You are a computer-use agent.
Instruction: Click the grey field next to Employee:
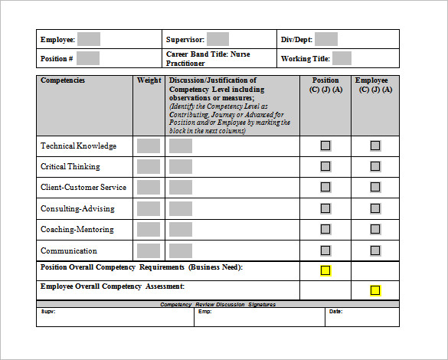click(x=89, y=39)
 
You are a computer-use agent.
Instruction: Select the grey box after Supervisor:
click(x=217, y=39)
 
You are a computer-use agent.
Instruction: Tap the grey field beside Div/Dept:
click(x=326, y=39)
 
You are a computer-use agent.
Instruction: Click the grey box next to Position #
click(x=88, y=58)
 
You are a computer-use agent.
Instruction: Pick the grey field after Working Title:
click(x=342, y=58)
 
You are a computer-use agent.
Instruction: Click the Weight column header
click(x=149, y=80)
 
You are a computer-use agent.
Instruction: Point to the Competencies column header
click(x=63, y=80)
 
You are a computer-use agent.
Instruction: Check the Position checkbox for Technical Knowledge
click(x=325, y=146)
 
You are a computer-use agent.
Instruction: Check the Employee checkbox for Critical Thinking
click(x=375, y=166)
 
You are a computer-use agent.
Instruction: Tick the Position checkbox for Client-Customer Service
click(x=325, y=187)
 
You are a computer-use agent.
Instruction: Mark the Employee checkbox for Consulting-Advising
click(x=375, y=208)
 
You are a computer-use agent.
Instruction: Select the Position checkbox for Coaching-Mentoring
click(x=325, y=229)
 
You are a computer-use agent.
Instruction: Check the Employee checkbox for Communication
click(x=375, y=250)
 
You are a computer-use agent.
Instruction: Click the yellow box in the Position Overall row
click(x=325, y=270)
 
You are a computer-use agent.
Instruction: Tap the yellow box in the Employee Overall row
click(x=375, y=290)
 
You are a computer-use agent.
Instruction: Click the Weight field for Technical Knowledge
click(x=149, y=146)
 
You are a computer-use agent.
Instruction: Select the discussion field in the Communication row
click(x=181, y=250)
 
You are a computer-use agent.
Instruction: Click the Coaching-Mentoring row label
click(x=77, y=229)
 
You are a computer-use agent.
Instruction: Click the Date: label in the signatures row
click(x=335, y=312)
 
